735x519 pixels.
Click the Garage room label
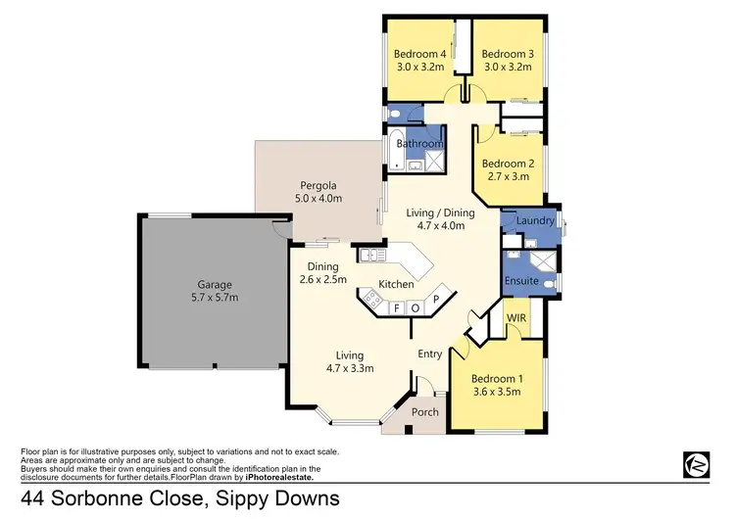tap(213, 284)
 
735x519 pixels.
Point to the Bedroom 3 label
tap(507, 53)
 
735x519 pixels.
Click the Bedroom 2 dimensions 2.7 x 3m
tap(506, 177)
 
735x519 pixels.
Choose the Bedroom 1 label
tap(499, 378)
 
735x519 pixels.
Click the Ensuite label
tap(522, 281)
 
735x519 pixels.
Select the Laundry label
tap(535, 221)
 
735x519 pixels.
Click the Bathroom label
tap(421, 143)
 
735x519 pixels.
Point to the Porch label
tap(425, 412)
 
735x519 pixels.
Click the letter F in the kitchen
tap(397, 307)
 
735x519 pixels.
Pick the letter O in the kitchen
tap(415, 307)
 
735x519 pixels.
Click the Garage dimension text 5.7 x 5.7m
tap(214, 297)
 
